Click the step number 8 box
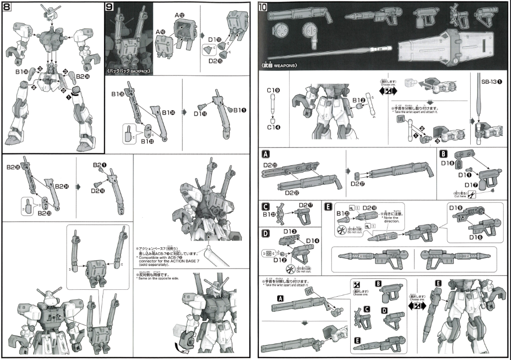click(7, 7)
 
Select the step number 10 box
click(264, 7)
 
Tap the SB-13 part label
click(491, 81)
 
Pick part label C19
click(273, 90)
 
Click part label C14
click(273, 127)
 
